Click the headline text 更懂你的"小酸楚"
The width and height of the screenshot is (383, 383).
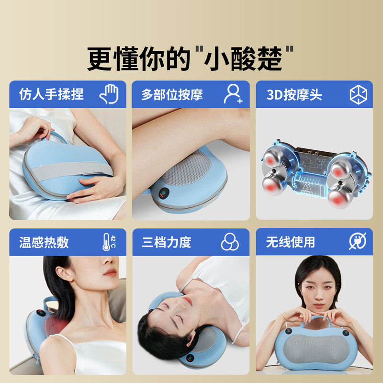coord(191,58)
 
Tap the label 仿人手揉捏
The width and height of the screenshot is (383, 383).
coord(51,94)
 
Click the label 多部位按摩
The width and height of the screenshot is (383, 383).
coord(172,94)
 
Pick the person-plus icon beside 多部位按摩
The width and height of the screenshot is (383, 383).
coord(233,94)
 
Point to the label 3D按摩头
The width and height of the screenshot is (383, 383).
coord(294,94)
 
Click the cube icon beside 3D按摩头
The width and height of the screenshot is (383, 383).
coord(359,94)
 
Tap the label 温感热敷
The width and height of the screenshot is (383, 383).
coord(44,242)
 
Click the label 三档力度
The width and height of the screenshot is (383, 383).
coord(167,242)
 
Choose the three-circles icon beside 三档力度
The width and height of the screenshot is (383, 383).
coord(230,242)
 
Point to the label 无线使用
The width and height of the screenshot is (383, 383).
coord(291,242)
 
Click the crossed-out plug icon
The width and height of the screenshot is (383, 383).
coord(358,242)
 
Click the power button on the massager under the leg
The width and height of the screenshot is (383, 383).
coord(164,194)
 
